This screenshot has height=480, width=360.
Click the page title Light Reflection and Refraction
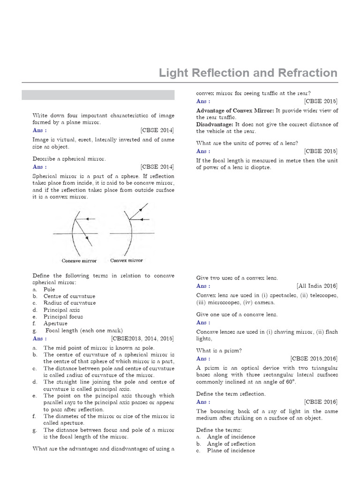pyautogui.click(x=248, y=73)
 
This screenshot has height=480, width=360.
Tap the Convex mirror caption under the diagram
pyautogui.click(x=127, y=260)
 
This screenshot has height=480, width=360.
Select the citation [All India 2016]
pyautogui.click(x=317, y=286)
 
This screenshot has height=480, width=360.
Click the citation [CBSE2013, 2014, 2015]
pyautogui.click(x=142, y=338)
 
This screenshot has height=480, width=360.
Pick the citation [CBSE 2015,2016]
pyautogui.click(x=314, y=359)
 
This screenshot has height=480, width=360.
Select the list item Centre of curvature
pyautogui.click(x=69, y=296)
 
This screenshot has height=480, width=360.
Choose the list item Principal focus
pyautogui.click(x=63, y=316)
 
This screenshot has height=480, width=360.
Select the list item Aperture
pyautogui.click(x=56, y=323)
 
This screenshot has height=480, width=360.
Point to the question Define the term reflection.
pyautogui.click(x=231, y=394)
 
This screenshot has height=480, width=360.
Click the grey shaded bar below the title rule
pyautogui.click(x=98, y=95)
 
